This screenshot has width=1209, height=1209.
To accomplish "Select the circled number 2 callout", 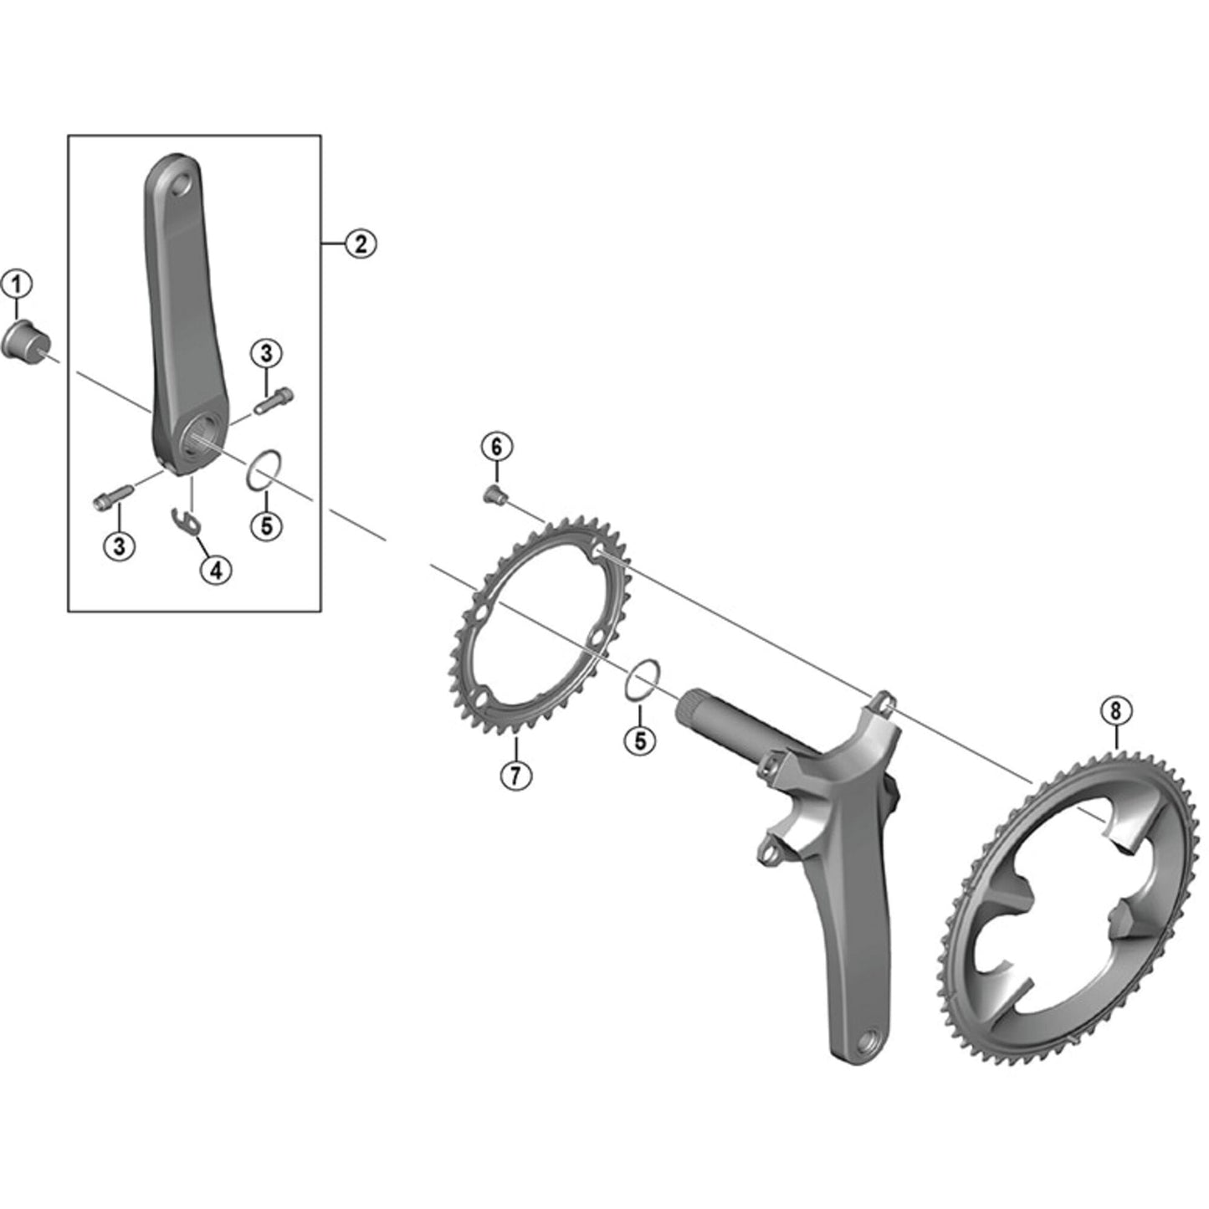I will click(361, 243).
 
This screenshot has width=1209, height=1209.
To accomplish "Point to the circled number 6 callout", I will click(496, 447).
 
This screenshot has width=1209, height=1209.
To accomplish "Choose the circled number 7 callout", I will click(515, 775).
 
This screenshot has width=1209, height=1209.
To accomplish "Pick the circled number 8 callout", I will click(1116, 711).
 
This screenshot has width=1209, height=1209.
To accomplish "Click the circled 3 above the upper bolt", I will click(267, 353).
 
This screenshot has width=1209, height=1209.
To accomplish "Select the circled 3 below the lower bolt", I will click(119, 546).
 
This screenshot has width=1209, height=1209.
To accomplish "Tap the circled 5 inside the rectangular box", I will click(267, 525).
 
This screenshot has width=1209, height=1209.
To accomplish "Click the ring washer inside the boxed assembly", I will click(263, 469).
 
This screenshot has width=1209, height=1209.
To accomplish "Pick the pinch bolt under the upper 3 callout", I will click(274, 401).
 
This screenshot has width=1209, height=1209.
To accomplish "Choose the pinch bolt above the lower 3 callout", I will click(111, 499).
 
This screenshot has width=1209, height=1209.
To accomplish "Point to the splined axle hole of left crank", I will click(201, 435).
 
